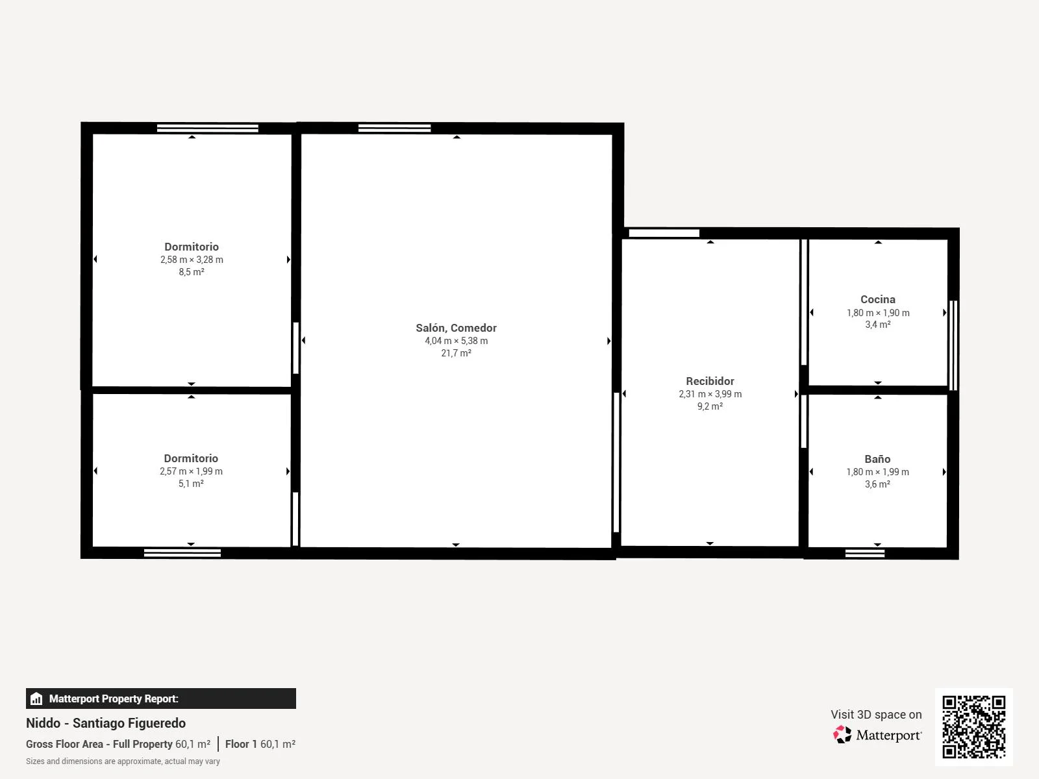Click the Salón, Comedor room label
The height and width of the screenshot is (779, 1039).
click(x=456, y=328)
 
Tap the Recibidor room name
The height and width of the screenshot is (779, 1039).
click(x=710, y=381)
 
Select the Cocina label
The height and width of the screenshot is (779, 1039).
click(x=877, y=299)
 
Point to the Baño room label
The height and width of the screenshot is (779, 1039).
click(x=877, y=459)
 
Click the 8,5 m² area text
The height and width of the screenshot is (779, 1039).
click(x=191, y=271)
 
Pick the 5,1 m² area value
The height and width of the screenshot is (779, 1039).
click(x=191, y=484)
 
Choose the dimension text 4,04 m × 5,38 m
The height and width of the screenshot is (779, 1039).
click(x=456, y=341)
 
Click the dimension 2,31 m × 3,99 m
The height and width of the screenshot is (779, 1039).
click(x=710, y=393)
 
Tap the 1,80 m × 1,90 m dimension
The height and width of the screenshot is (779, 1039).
click(x=877, y=313)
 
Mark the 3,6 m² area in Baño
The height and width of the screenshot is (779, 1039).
click(x=877, y=484)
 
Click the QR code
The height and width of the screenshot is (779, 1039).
click(x=973, y=727)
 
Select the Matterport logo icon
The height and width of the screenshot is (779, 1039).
click(x=842, y=735)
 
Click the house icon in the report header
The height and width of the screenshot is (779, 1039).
click(x=36, y=699)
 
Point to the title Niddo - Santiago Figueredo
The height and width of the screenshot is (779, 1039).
click(x=106, y=723)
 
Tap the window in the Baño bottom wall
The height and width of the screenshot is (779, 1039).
click(x=865, y=553)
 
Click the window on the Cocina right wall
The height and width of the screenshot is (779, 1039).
click(x=953, y=345)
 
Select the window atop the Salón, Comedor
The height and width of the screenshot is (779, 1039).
click(x=394, y=128)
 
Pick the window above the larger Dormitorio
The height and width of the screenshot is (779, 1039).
click(x=207, y=128)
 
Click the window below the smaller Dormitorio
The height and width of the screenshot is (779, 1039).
click(x=182, y=553)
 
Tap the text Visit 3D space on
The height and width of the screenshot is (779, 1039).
click(x=876, y=714)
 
